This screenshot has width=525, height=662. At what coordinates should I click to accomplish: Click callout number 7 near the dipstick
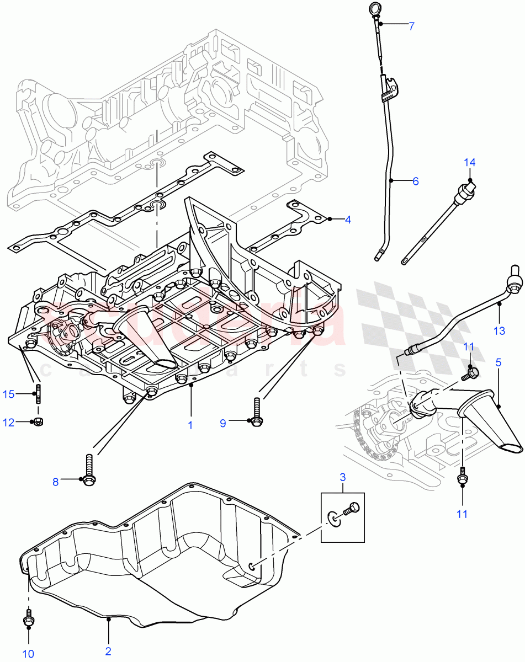(411, 25)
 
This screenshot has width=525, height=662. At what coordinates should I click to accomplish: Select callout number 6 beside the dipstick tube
(415, 181)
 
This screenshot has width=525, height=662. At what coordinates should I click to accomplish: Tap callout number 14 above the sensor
(469, 162)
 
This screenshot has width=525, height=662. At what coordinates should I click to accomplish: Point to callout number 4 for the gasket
(348, 220)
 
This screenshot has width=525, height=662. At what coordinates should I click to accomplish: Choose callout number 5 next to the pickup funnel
(499, 363)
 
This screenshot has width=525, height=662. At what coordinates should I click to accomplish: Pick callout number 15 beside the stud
(8, 394)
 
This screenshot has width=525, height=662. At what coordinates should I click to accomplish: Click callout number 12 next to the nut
(8, 422)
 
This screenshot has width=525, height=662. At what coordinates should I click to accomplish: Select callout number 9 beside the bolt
(223, 423)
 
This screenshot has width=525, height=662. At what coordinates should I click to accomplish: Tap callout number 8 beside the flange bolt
(55, 482)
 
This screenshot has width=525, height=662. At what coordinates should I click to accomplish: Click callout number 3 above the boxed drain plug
(342, 476)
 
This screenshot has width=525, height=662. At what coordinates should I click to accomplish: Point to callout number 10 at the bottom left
(28, 654)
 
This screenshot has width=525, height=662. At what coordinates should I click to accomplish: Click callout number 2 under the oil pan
(108, 652)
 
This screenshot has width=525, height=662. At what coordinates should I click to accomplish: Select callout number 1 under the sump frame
(191, 425)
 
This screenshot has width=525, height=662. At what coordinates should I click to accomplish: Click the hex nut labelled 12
(39, 422)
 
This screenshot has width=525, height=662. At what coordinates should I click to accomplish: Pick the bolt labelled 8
(89, 472)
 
